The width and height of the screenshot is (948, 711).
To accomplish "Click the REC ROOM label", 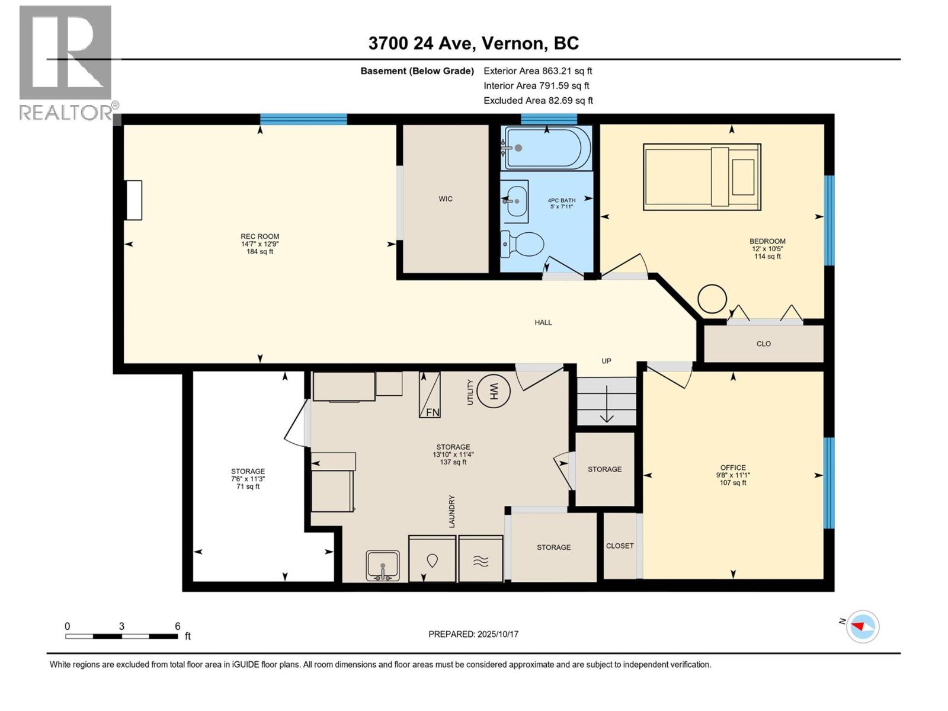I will [x=260, y=236].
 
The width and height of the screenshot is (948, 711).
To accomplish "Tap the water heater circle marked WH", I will [x=494, y=391].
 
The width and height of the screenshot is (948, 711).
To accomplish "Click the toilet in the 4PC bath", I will [x=524, y=244].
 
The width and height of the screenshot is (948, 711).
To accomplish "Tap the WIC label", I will [x=446, y=199].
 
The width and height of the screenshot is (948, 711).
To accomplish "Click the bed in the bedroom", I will [x=702, y=177].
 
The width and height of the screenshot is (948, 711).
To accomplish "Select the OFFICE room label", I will [x=733, y=467].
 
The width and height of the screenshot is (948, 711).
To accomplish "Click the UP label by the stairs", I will [x=606, y=361].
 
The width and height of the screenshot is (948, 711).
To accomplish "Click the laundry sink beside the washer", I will [x=383, y=565].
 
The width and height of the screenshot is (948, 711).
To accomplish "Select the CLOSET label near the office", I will [x=620, y=546].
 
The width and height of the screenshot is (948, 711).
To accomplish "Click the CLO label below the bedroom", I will [x=763, y=344].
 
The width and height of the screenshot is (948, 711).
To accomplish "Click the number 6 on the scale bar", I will [x=177, y=626].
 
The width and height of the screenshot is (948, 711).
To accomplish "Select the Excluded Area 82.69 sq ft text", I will [x=538, y=101].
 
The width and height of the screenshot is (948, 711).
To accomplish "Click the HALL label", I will [x=543, y=322].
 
